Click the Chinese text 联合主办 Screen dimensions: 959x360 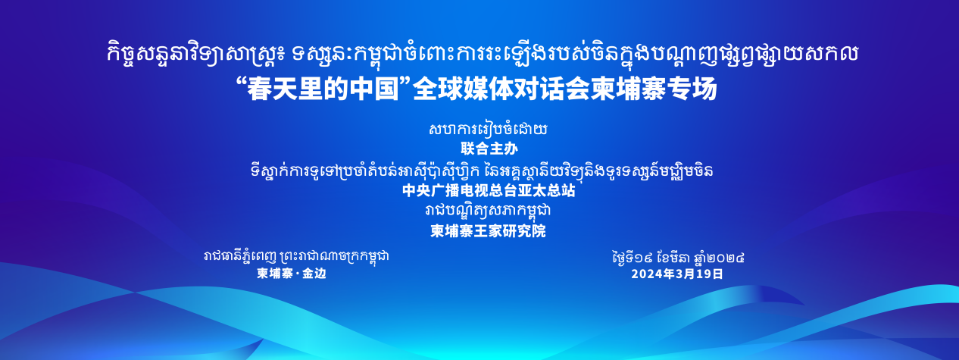489,149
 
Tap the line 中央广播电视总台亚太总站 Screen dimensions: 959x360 489,190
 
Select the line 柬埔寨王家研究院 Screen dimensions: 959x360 488,231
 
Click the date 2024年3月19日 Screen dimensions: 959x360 677,274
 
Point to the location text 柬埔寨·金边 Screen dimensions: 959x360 292,274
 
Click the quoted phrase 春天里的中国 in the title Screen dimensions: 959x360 323,89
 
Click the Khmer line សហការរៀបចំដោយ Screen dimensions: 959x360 488,129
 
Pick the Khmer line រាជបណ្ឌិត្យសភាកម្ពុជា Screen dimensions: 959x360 488,211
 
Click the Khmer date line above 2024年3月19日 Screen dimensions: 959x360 678,257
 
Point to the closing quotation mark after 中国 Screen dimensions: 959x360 405,83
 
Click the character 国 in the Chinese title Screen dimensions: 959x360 387,89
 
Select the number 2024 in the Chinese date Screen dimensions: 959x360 645,274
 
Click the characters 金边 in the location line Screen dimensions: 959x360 314,274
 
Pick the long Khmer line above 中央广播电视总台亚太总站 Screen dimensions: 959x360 482,170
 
